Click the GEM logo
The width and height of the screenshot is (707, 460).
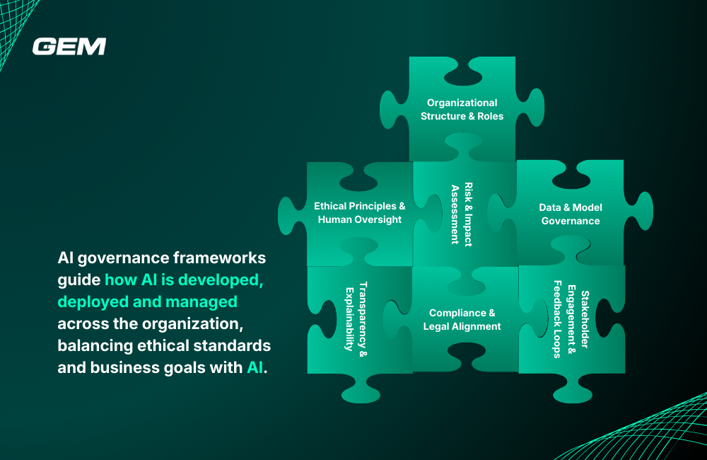69,47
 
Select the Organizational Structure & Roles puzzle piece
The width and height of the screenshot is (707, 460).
462,109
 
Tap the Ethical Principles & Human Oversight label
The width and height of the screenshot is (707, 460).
359,212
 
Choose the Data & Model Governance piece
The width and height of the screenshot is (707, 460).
570,214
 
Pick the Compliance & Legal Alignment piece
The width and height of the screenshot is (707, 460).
462,319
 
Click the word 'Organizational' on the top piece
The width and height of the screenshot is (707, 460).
462,103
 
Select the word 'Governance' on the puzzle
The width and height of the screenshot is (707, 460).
570,221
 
